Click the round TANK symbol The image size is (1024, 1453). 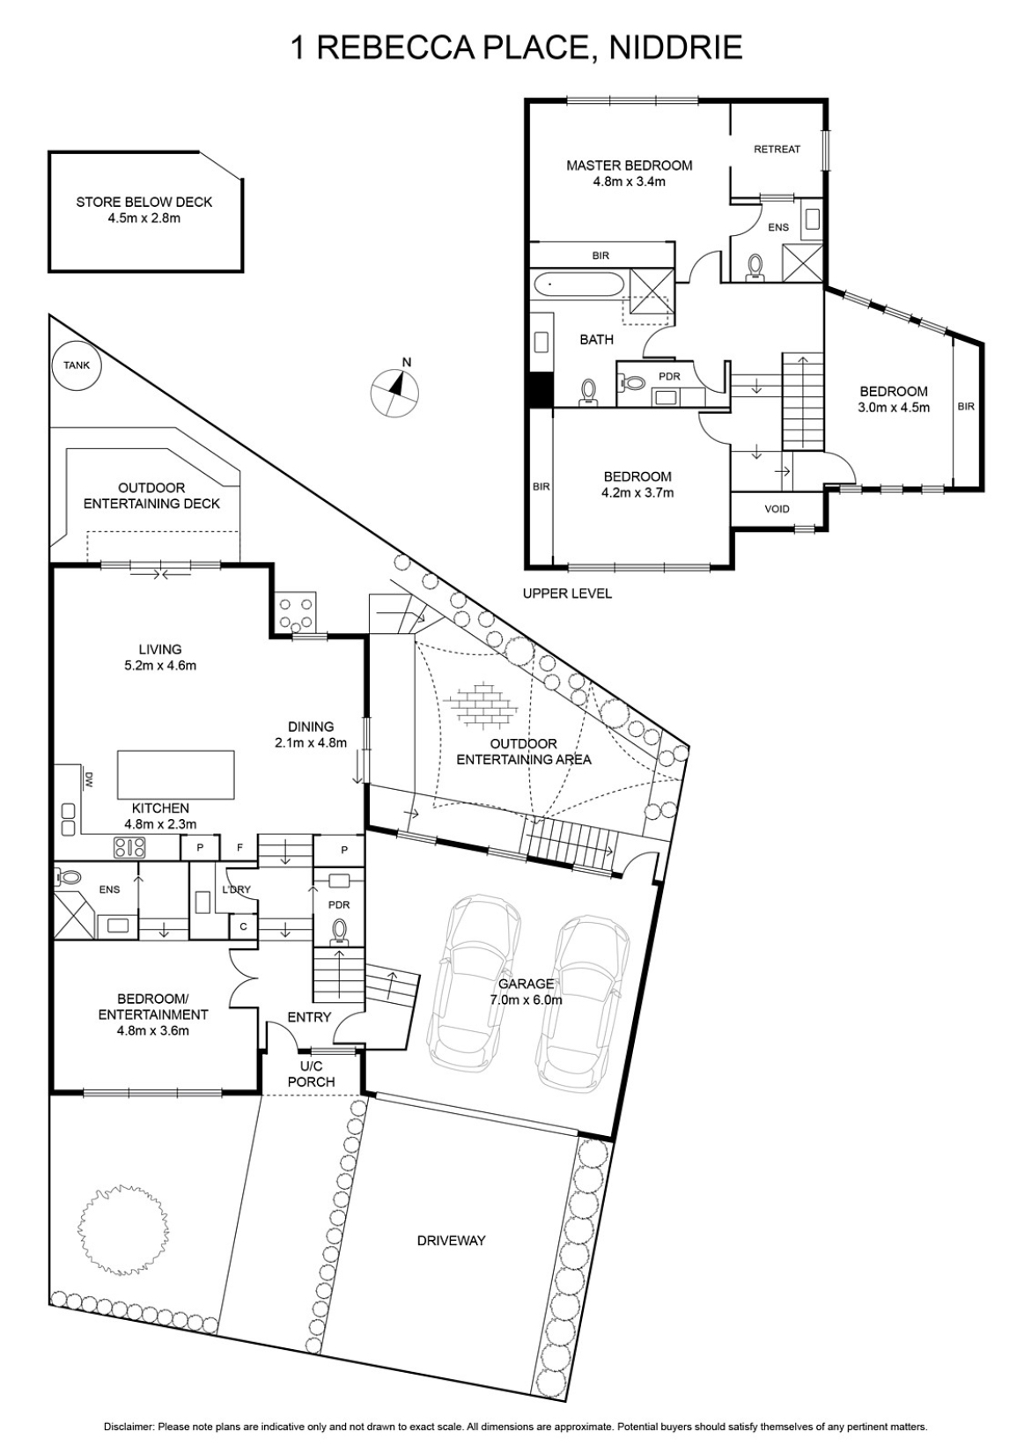pos(77,365)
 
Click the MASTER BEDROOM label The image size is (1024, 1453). pos(629,166)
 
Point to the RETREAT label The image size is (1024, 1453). pos(777,149)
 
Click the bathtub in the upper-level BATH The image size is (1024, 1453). pos(578,284)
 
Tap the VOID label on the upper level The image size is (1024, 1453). pos(777,509)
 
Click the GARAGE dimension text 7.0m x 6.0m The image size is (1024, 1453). pos(526,999)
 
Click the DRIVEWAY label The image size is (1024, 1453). pos(452,1241)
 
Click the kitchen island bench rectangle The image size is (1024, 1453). pos(175,775)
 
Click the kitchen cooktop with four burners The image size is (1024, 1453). pos(129,847)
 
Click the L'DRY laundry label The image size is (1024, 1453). pos(236,889)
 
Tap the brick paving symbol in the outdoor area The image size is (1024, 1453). pos(483,703)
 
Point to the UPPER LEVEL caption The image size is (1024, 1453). pos(567,594)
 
